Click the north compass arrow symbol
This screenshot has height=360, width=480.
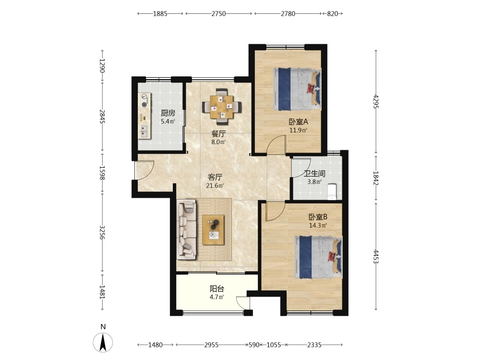point(103,342)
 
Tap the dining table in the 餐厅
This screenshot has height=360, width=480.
point(222,107)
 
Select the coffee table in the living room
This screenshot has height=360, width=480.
point(214,230)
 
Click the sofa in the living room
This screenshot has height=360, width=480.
point(186,229)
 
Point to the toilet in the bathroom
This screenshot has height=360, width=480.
point(332,192)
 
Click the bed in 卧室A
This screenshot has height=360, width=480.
point(297,89)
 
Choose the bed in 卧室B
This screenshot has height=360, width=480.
point(318,257)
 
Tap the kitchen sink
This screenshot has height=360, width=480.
point(144,132)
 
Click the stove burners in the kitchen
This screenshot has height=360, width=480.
point(144,100)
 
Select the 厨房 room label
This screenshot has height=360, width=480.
point(168,113)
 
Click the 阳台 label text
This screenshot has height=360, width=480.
point(217,288)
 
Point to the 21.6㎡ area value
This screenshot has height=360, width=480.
point(215,185)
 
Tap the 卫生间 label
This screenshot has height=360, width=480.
point(314,174)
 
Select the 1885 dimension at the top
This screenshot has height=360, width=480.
point(160,13)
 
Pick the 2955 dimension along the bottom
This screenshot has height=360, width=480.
point(212,345)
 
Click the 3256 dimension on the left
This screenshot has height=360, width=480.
point(103,233)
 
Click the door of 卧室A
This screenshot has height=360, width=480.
point(276,144)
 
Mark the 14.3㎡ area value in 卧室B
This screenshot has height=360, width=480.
point(318,226)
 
